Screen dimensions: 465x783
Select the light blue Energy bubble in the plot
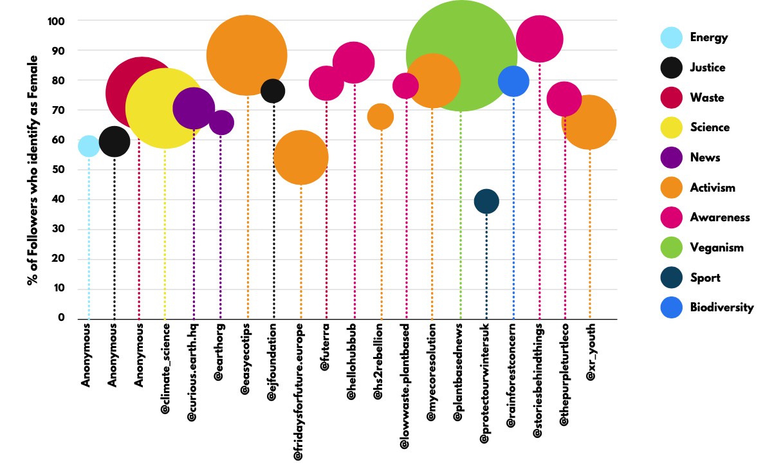(x=89, y=147)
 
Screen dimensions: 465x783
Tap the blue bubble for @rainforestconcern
(x=513, y=81)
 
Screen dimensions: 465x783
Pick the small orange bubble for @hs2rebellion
(x=380, y=116)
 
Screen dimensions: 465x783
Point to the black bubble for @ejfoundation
(x=273, y=91)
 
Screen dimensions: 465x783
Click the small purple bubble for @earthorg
(x=221, y=122)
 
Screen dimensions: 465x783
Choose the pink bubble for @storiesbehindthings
(x=540, y=39)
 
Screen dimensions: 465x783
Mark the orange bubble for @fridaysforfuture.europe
(x=301, y=157)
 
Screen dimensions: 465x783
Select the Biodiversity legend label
(x=721, y=307)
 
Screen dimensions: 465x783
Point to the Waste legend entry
(x=707, y=98)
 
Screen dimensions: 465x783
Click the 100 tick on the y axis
(x=57, y=21)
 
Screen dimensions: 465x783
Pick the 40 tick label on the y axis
(x=59, y=199)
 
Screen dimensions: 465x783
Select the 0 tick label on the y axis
(x=62, y=318)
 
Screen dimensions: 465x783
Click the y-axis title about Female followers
(x=33, y=170)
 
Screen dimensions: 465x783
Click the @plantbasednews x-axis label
(x=458, y=372)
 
